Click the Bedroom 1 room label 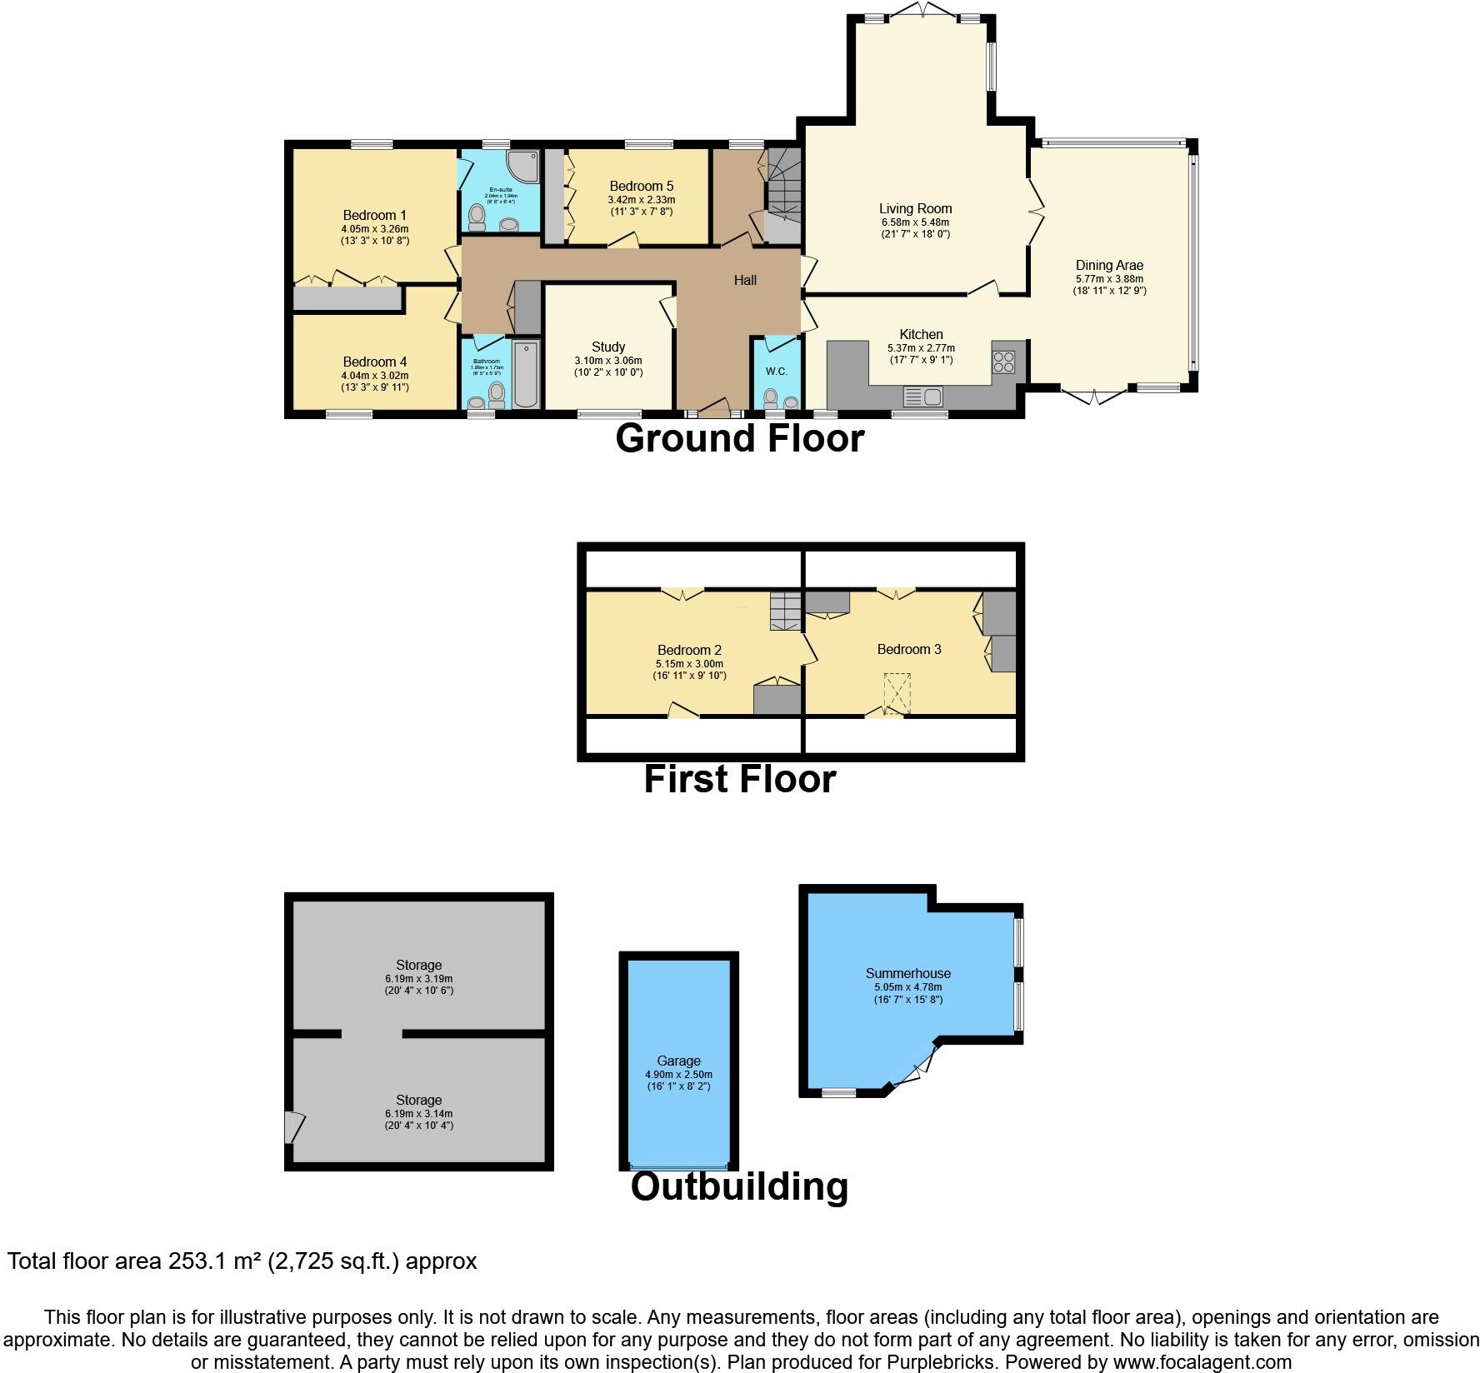(x=374, y=215)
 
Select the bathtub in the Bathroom (x=525, y=374)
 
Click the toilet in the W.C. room (x=771, y=396)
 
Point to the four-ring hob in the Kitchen (x=1003, y=362)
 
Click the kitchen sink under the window (x=922, y=396)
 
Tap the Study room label (x=608, y=347)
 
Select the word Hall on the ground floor (x=745, y=280)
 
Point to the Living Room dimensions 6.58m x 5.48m (x=915, y=222)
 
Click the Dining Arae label (x=1109, y=266)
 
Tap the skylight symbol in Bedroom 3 (x=896, y=694)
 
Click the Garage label (x=678, y=1061)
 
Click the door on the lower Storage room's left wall (x=292, y=1127)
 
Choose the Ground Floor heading (x=739, y=438)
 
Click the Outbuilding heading (x=739, y=1186)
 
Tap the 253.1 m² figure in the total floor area (x=213, y=1261)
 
